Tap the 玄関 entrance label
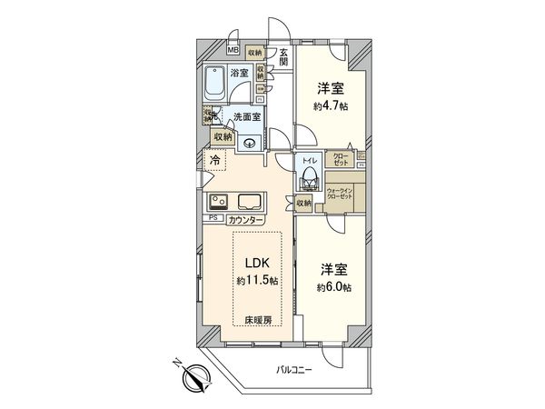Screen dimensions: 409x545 [283, 57]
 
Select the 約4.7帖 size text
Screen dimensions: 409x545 [331, 106]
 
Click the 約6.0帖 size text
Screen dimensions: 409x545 [332, 286]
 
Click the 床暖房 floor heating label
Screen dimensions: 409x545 [257, 320]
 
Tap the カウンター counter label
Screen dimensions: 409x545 [245, 220]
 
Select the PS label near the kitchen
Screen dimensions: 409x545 [214, 218]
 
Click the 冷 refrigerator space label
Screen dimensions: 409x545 [214, 162]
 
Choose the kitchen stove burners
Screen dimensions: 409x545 [219, 201]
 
